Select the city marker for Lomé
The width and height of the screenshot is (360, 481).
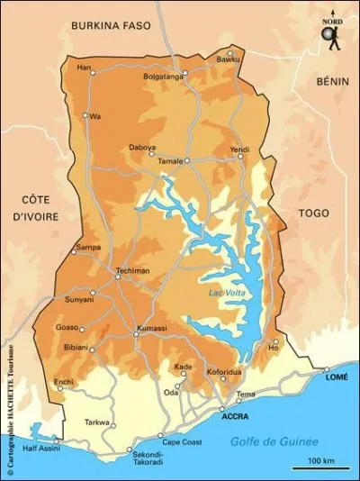[x=327, y=369]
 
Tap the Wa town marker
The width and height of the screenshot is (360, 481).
[x=86, y=115]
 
